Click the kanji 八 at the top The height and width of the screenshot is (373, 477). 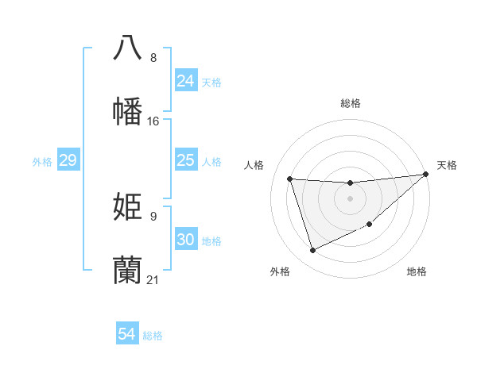click(x=128, y=47)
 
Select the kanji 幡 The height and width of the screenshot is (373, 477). click(x=128, y=111)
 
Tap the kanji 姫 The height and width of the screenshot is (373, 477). click(x=128, y=206)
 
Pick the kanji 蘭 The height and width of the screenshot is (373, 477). click(x=128, y=270)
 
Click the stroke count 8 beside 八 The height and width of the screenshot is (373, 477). click(x=153, y=58)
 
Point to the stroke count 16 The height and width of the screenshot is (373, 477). click(x=153, y=121)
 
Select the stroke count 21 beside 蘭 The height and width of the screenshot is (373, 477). click(x=153, y=280)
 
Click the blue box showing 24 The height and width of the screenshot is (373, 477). click(x=185, y=81)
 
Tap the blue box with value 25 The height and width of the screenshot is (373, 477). click(x=185, y=161)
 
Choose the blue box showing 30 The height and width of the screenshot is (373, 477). click(x=185, y=240)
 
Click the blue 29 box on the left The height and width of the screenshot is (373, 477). click(x=68, y=161)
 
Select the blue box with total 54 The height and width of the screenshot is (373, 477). click(x=126, y=335)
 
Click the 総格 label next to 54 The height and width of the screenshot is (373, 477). click(x=153, y=336)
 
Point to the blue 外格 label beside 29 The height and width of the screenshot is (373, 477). click(x=42, y=162)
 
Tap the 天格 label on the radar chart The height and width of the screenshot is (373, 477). click(x=447, y=165)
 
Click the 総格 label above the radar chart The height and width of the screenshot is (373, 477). click(x=350, y=103)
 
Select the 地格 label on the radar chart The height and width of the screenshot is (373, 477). click(x=417, y=271)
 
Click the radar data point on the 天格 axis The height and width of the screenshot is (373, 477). click(x=426, y=175)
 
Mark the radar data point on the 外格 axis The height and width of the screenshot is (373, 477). click(x=312, y=251)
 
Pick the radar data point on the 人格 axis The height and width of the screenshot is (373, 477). click(x=290, y=179)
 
